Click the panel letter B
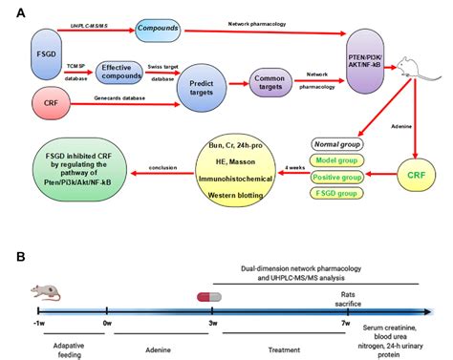(x=21, y=258)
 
